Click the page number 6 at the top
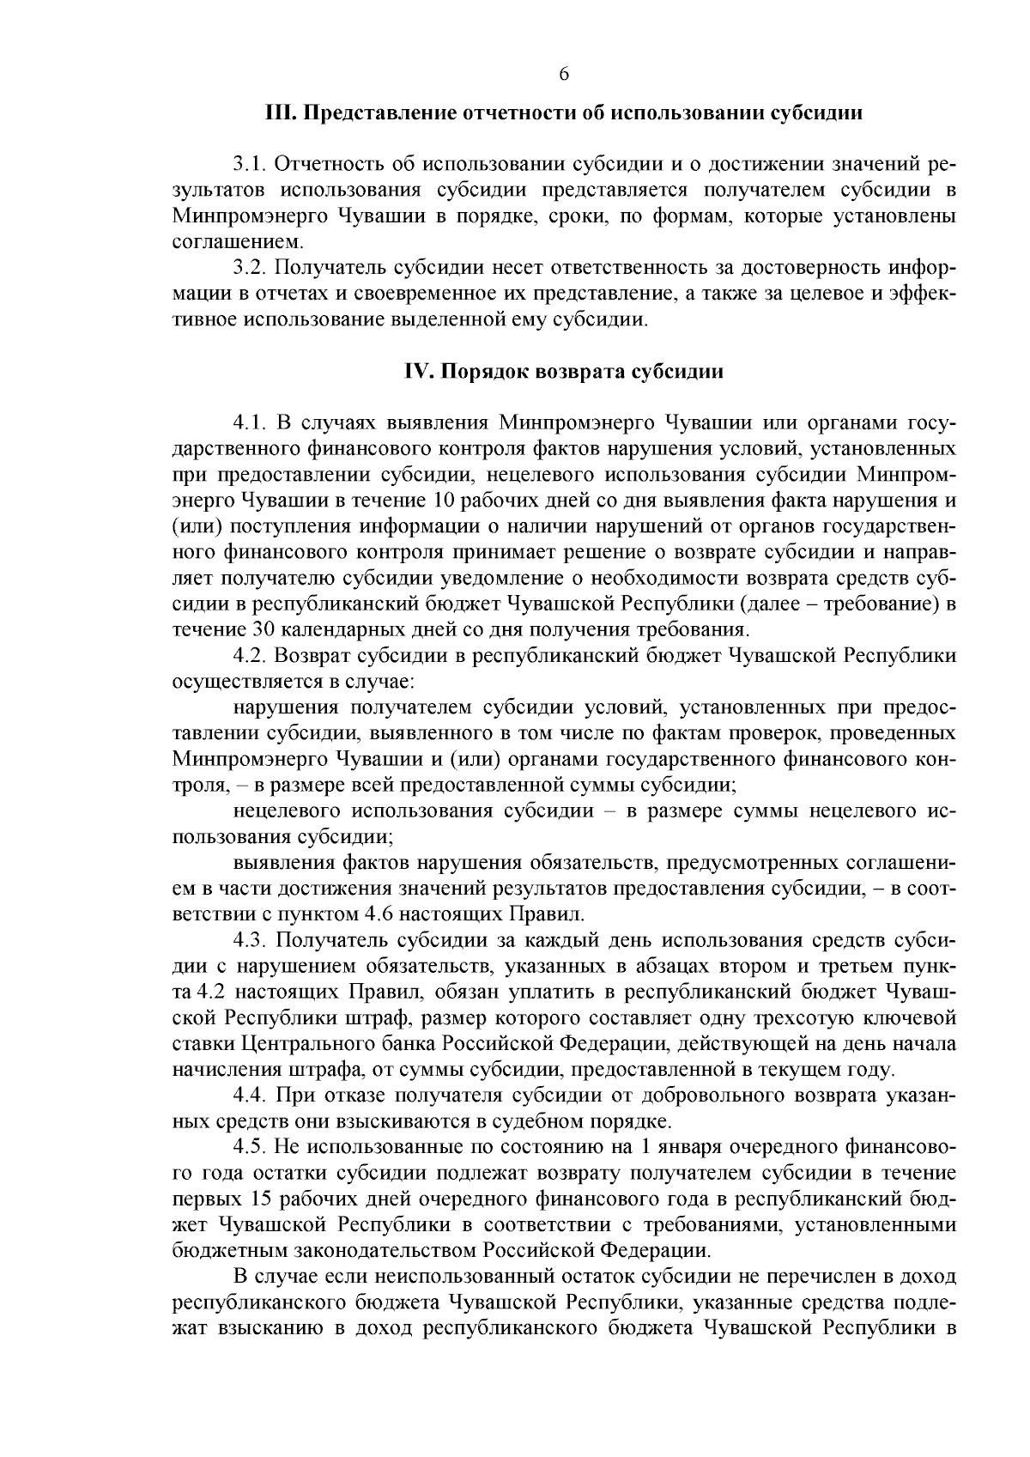pos(564,74)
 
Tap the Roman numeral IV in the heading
pos(419,372)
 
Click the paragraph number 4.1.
pos(251,422)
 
